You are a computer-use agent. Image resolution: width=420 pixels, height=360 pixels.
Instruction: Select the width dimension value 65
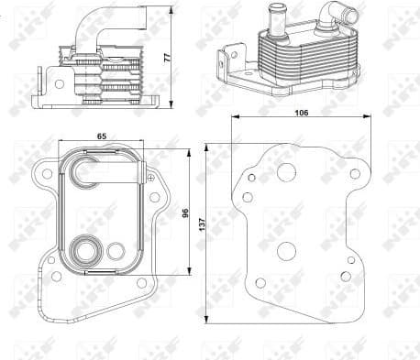coord(101,136)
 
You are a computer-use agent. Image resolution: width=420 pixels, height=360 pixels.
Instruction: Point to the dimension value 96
coord(185,213)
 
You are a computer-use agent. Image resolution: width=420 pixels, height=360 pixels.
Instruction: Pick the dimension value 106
coord(303,112)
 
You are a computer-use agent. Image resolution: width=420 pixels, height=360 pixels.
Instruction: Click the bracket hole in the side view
coord(60,83)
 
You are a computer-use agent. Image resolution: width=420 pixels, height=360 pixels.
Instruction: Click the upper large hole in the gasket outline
coord(285,171)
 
